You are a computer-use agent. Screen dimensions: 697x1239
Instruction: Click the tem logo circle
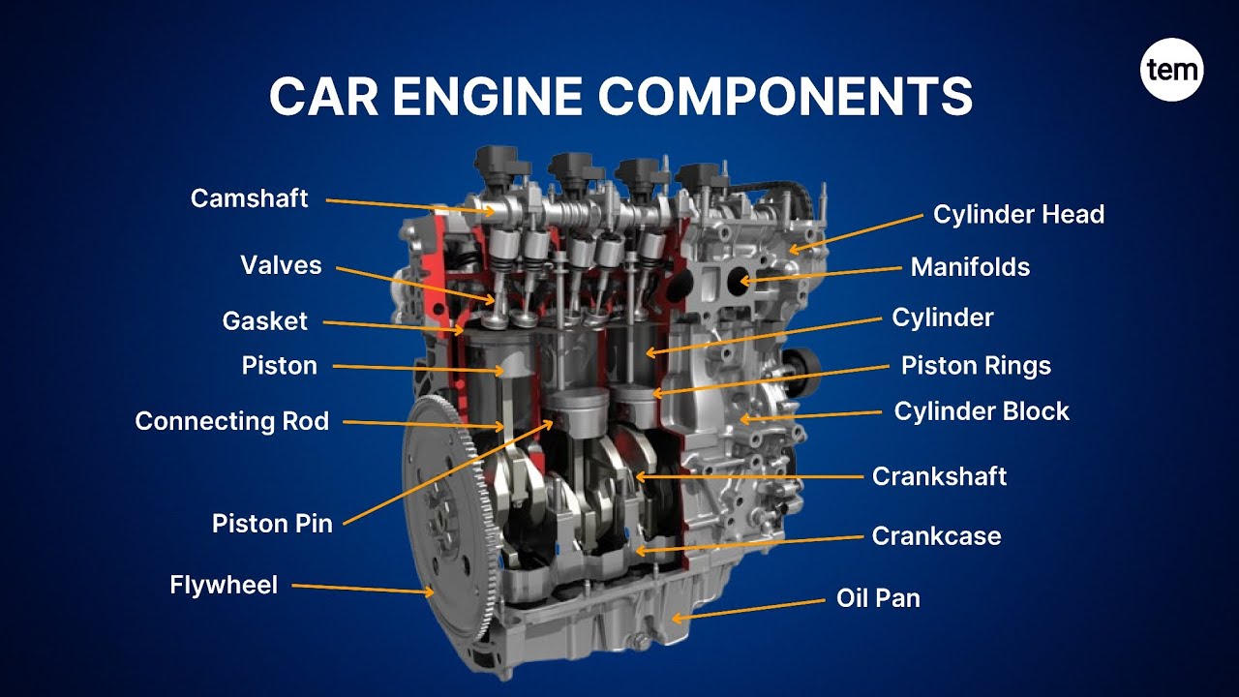click(1171, 70)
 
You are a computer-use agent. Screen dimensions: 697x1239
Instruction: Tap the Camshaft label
click(249, 198)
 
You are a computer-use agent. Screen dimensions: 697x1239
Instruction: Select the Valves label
click(281, 265)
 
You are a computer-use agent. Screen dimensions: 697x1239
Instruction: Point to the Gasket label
click(264, 320)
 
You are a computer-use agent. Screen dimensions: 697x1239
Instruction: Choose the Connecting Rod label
click(231, 421)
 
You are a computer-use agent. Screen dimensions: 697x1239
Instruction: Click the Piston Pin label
click(272, 524)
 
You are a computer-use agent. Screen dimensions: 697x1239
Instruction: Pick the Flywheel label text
click(224, 585)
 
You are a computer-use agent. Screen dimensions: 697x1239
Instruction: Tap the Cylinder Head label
click(1018, 214)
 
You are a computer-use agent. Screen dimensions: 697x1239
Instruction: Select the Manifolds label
click(970, 266)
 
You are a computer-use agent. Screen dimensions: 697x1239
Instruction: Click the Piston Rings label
click(976, 365)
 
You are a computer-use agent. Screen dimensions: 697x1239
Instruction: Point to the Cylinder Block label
click(982, 410)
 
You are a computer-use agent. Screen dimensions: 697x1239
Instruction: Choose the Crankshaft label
click(939, 476)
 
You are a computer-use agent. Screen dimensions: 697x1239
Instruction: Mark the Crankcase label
click(936, 535)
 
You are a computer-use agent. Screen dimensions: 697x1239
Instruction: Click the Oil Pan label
click(878, 598)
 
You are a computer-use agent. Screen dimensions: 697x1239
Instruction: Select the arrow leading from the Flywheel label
click(363, 589)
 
